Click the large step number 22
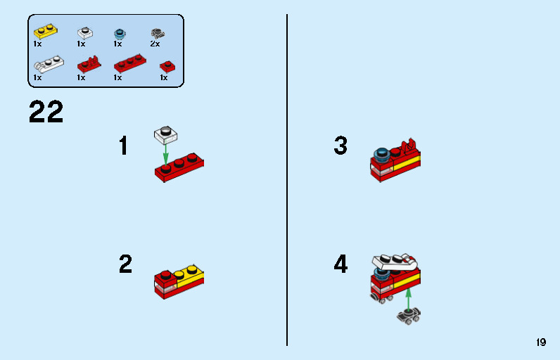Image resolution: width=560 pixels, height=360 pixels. [46, 112]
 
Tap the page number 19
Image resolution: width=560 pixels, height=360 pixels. [540, 342]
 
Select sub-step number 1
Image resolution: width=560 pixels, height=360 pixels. [124, 146]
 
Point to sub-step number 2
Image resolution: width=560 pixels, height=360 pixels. [125, 264]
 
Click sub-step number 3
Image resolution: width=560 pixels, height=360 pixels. [341, 146]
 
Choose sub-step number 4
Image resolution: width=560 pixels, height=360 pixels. [341, 264]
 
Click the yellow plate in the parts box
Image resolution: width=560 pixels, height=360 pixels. [45, 32]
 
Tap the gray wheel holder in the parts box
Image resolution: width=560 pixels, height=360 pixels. [158, 32]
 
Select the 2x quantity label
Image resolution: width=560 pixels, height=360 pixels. [155, 44]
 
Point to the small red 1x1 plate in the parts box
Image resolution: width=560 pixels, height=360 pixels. [167, 66]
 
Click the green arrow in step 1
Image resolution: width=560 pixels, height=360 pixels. [166, 153]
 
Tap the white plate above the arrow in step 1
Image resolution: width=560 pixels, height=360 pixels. [166, 133]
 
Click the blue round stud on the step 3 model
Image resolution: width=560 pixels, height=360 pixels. [382, 154]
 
